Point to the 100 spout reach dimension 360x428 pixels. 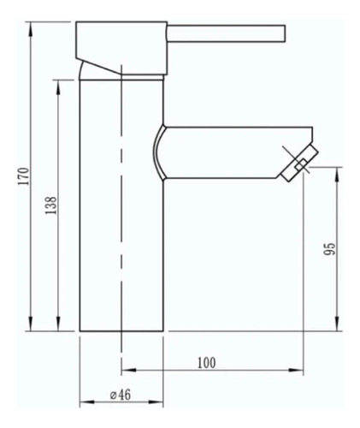[x=206, y=362]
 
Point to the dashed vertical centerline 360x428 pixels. [x=121, y=214]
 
